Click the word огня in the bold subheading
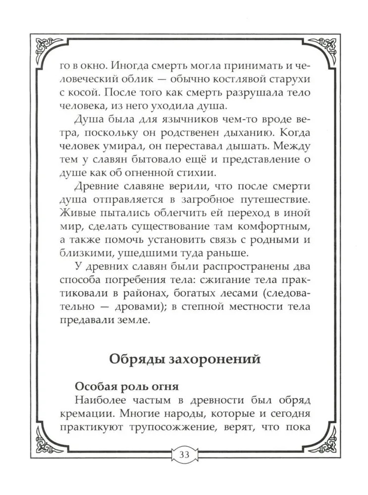point(164,386)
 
